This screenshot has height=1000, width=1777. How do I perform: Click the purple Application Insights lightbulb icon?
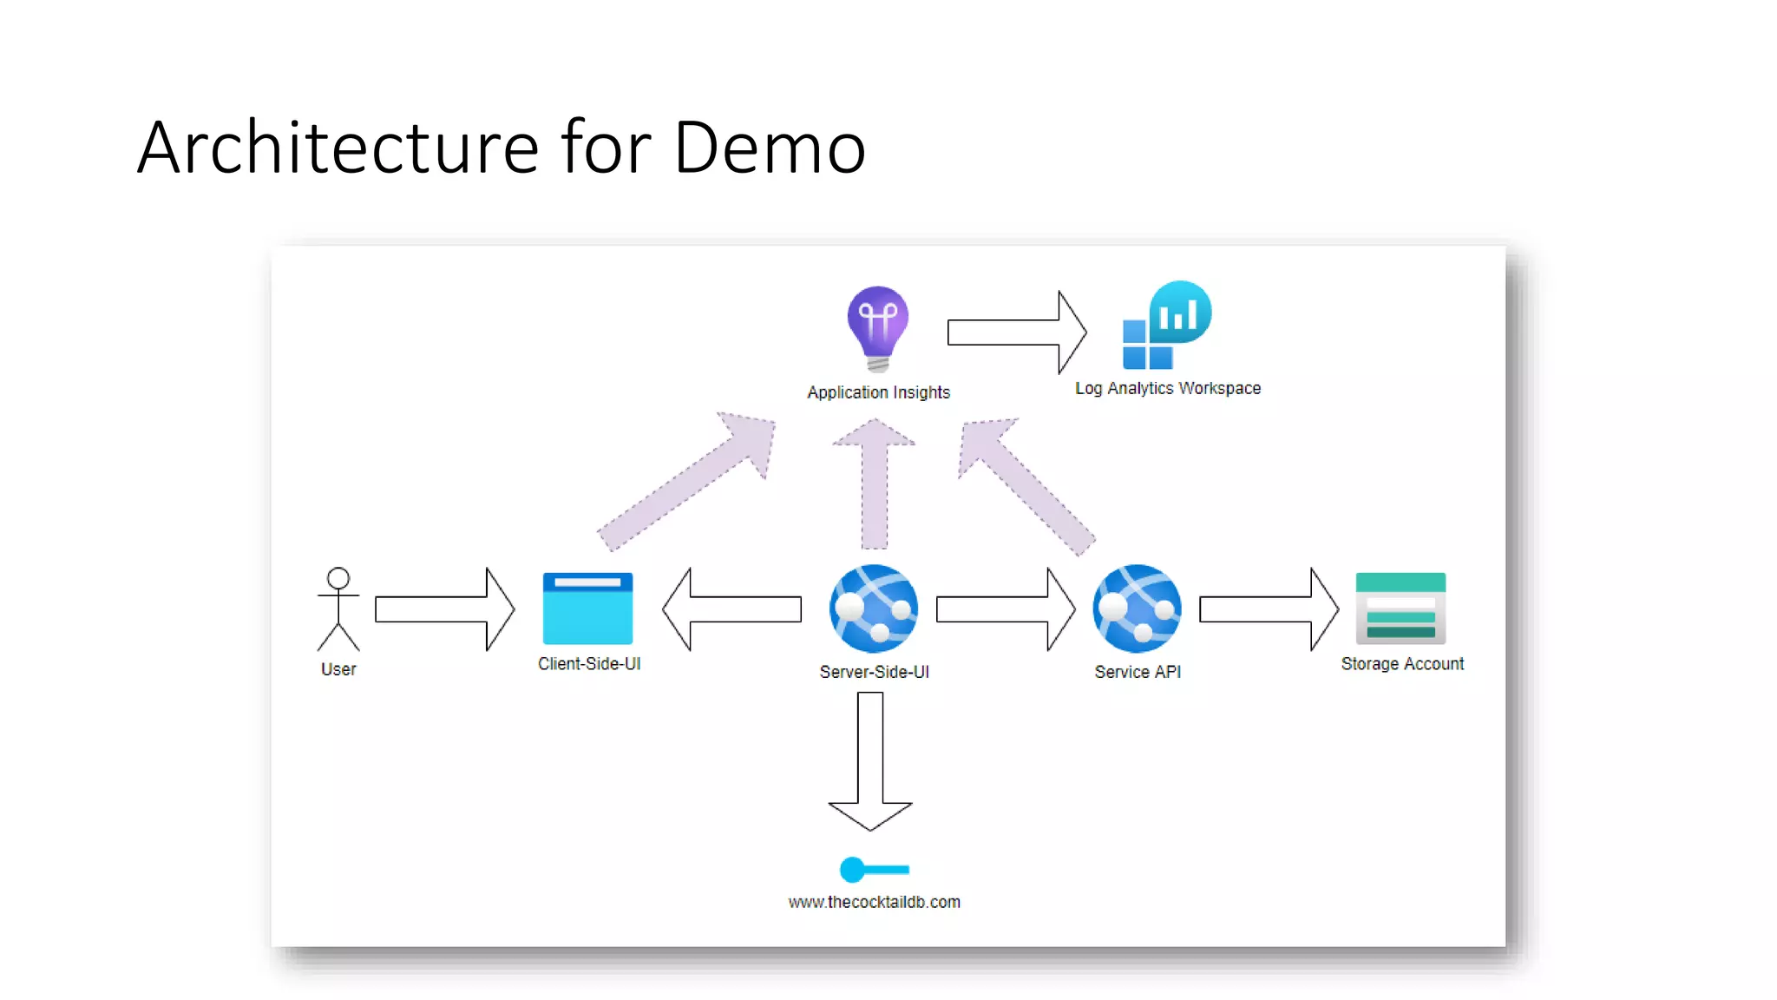point(878,326)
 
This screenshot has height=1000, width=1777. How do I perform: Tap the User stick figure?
point(338,609)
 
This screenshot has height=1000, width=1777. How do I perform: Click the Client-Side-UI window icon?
point(587,609)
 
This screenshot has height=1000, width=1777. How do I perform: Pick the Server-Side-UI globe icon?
point(874,609)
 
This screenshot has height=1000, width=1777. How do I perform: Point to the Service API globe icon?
point(1137,609)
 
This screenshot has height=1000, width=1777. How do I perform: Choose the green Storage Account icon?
point(1400,609)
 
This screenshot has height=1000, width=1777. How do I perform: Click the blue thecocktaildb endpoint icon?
point(873,869)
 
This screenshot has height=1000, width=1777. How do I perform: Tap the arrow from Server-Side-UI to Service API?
point(1006,609)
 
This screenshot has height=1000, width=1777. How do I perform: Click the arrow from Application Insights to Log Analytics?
point(1016,332)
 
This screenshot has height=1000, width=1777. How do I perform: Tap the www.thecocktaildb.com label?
point(874,902)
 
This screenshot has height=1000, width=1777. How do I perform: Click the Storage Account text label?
point(1401,664)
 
